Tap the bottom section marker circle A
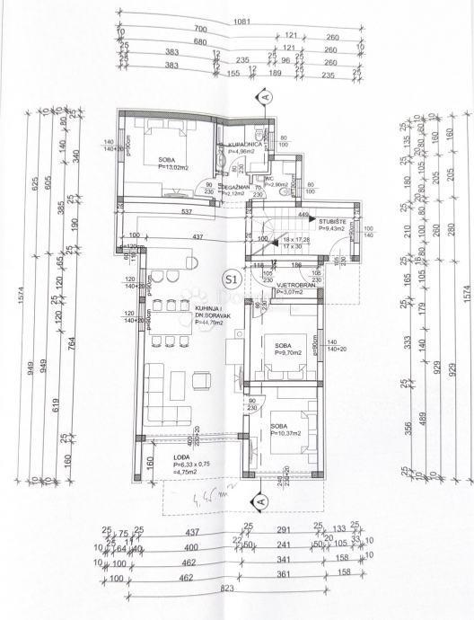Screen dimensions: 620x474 tap(260, 499)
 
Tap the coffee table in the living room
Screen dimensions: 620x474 tap(176, 387)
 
